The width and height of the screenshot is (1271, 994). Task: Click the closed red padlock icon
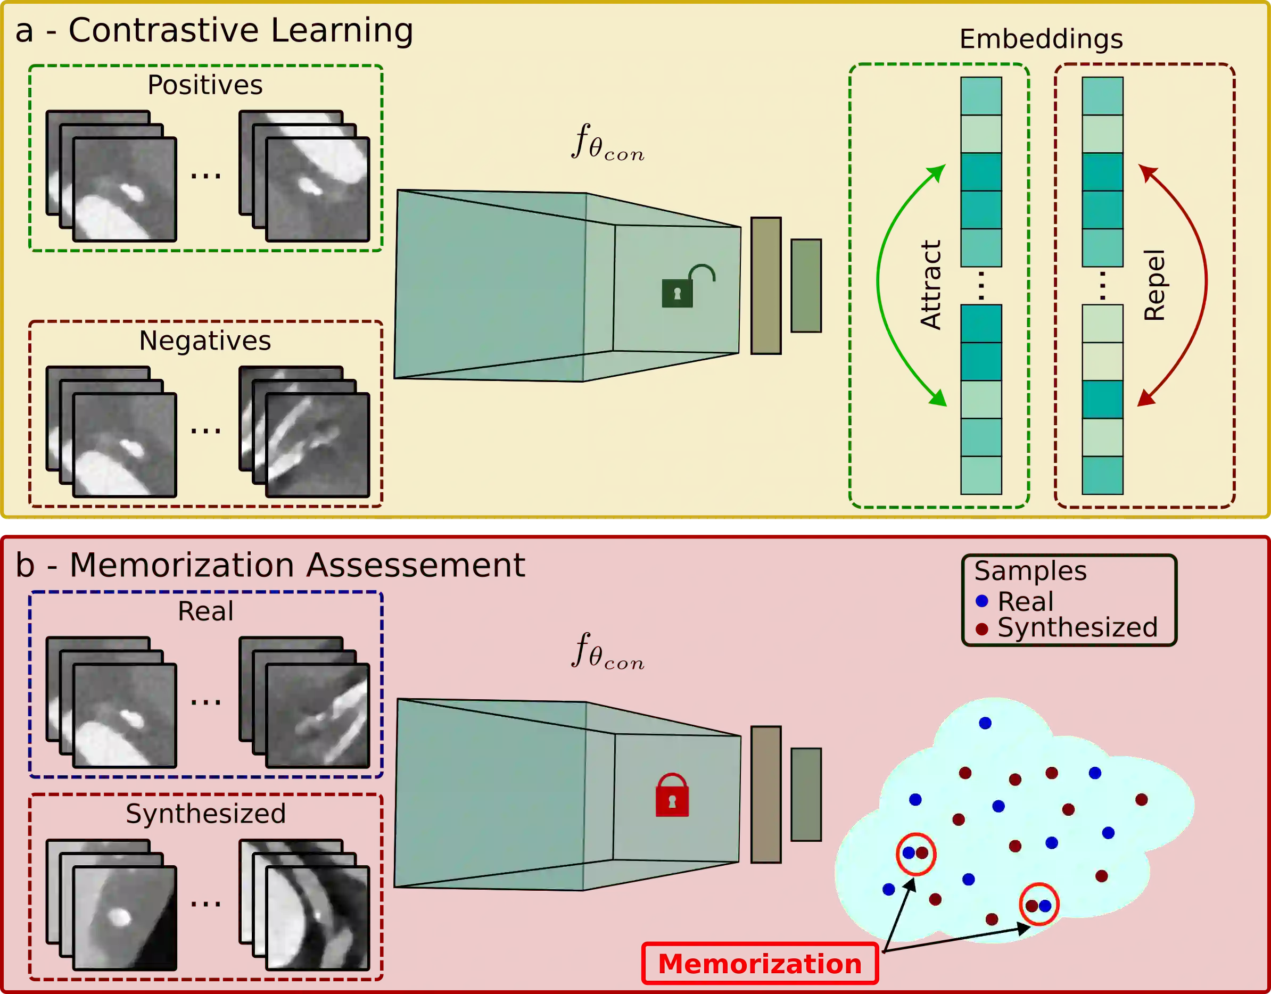click(x=672, y=796)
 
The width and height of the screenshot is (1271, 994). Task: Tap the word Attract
click(x=930, y=285)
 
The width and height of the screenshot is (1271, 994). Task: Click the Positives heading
click(x=205, y=85)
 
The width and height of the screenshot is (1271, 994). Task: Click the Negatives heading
click(x=205, y=341)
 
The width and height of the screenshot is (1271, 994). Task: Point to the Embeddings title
click(x=1041, y=39)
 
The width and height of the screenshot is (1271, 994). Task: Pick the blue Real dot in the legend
click(x=983, y=601)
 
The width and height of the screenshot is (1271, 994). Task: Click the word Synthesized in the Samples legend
click(x=1077, y=628)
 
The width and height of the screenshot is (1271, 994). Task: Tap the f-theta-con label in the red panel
click(x=607, y=652)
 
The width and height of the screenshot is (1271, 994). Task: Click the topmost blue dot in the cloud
click(x=985, y=723)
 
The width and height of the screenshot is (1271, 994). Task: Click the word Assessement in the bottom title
click(x=416, y=566)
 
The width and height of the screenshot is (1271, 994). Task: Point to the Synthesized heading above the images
click(x=205, y=814)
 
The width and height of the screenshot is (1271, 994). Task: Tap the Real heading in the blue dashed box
click(x=205, y=611)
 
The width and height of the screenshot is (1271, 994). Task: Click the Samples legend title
click(x=1030, y=571)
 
